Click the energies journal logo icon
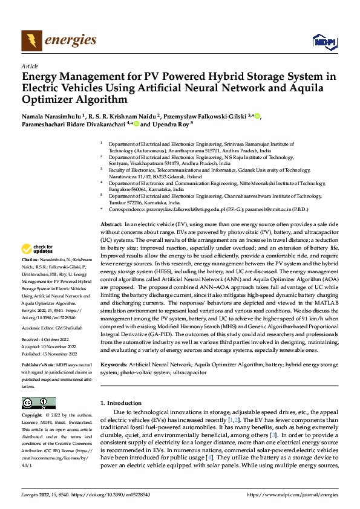click(31, 40)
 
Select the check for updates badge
click(38, 249)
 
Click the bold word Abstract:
click(111, 224)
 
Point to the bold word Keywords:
click(113, 365)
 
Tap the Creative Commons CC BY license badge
click(38, 403)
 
